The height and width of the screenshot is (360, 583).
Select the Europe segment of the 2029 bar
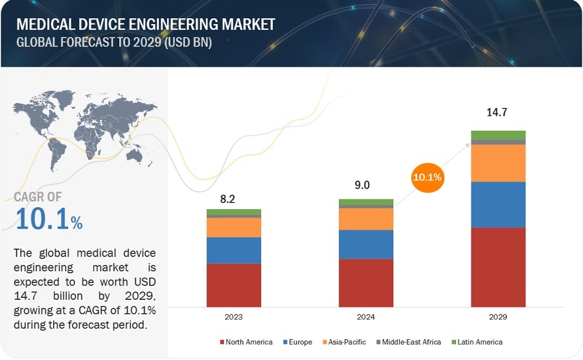(x=498, y=205)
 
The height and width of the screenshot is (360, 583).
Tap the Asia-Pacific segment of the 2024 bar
(x=366, y=219)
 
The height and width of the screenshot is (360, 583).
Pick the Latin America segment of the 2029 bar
(x=498, y=135)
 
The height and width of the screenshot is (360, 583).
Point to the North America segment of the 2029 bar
(x=498, y=267)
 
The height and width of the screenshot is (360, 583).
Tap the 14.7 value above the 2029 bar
(x=497, y=113)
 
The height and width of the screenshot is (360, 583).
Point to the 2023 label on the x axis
(x=234, y=318)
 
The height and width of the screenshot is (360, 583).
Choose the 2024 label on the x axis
(x=366, y=318)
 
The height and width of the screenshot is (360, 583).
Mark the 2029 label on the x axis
(x=498, y=318)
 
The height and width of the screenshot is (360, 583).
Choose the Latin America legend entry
(x=477, y=342)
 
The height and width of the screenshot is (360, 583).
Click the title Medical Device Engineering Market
(x=145, y=24)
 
